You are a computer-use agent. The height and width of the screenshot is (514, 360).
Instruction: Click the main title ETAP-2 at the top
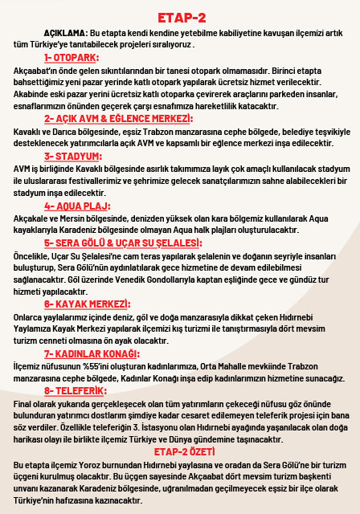pos(180,17)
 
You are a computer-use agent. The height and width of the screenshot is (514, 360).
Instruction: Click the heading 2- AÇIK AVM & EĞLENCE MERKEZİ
pos(118,118)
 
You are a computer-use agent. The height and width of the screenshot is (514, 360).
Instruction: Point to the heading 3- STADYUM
pos(72,156)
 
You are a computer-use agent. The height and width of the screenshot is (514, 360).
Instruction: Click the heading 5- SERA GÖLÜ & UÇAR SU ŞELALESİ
pos(121,243)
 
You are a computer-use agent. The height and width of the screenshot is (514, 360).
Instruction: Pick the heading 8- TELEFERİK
pos(75,390)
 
